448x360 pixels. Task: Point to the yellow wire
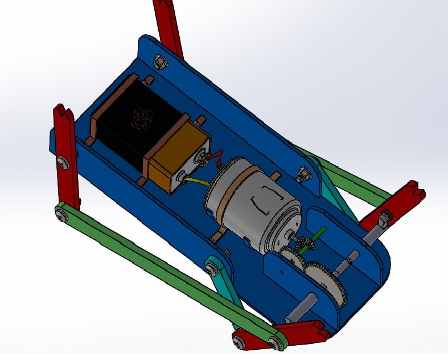[x=196, y=182]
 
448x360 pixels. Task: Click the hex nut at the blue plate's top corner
[x=160, y=59]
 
